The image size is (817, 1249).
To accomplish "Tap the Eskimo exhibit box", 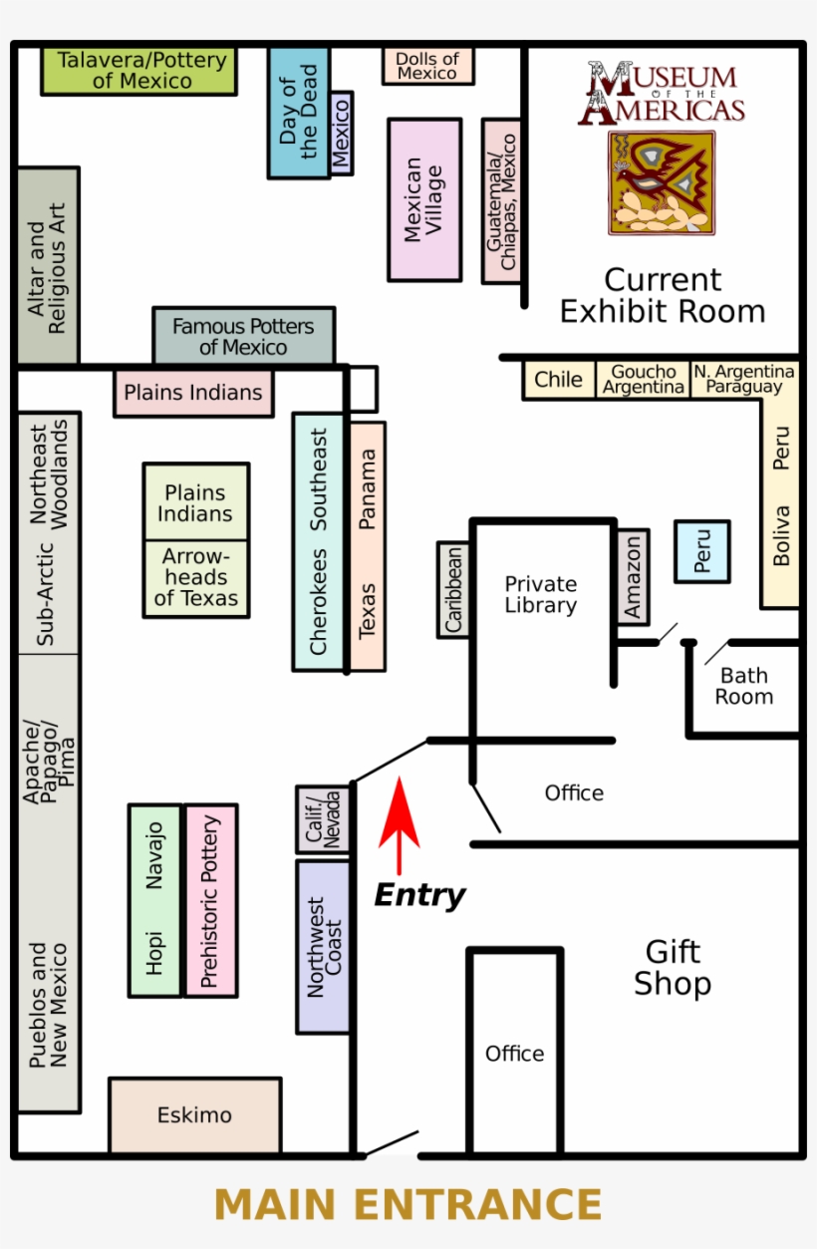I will (x=194, y=1114).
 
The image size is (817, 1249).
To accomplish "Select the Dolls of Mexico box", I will (x=427, y=66).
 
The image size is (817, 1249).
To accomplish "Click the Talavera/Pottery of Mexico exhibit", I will (x=139, y=71).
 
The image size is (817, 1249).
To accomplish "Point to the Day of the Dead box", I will (x=297, y=112).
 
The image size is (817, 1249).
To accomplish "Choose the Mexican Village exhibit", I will (x=424, y=199).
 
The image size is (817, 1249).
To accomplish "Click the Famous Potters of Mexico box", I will (x=243, y=337).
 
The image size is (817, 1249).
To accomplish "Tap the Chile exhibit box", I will (x=559, y=380).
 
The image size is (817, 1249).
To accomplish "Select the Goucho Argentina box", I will (x=644, y=380).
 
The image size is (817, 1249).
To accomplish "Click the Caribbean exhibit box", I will (x=453, y=589).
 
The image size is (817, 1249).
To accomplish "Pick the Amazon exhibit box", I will (x=634, y=577).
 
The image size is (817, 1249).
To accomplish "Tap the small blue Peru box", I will (x=702, y=550).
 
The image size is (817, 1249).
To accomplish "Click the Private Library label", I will (x=541, y=594).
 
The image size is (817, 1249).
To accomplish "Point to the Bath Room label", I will (x=743, y=687).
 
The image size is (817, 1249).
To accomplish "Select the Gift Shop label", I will (x=673, y=968).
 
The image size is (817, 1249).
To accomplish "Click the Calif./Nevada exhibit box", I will (x=323, y=819).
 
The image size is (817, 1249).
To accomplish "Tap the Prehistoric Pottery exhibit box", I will (x=210, y=900).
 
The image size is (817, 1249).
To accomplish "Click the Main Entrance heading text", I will (x=408, y=1205).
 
